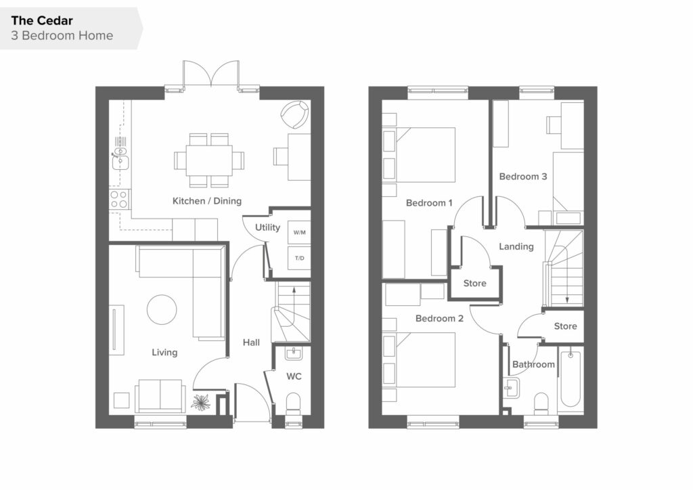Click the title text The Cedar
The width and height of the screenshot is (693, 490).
pos(42,21)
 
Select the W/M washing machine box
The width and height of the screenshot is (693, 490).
pos(299,232)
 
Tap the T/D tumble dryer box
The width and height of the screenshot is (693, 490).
pos(299,258)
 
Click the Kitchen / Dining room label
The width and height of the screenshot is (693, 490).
pos(207,201)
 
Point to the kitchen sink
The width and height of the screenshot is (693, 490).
pos(120,161)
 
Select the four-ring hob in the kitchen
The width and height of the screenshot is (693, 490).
pos(119,199)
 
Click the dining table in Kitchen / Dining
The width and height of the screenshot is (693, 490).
pos(209,160)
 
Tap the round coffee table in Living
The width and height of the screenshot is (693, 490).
pos(162,310)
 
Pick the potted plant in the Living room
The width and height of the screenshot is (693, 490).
pos(202,403)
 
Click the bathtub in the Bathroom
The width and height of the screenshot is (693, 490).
pos(570,380)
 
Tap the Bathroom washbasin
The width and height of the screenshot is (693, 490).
pos(512,388)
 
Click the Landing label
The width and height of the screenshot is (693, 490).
pos(516,246)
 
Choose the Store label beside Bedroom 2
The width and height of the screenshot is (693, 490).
pos(474,283)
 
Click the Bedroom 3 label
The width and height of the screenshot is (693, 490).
pos(523,177)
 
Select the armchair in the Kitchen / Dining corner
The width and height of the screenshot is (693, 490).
pos(294,114)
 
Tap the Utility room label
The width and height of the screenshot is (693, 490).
pos(267,227)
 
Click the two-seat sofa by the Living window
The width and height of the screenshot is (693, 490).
pos(160,395)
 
